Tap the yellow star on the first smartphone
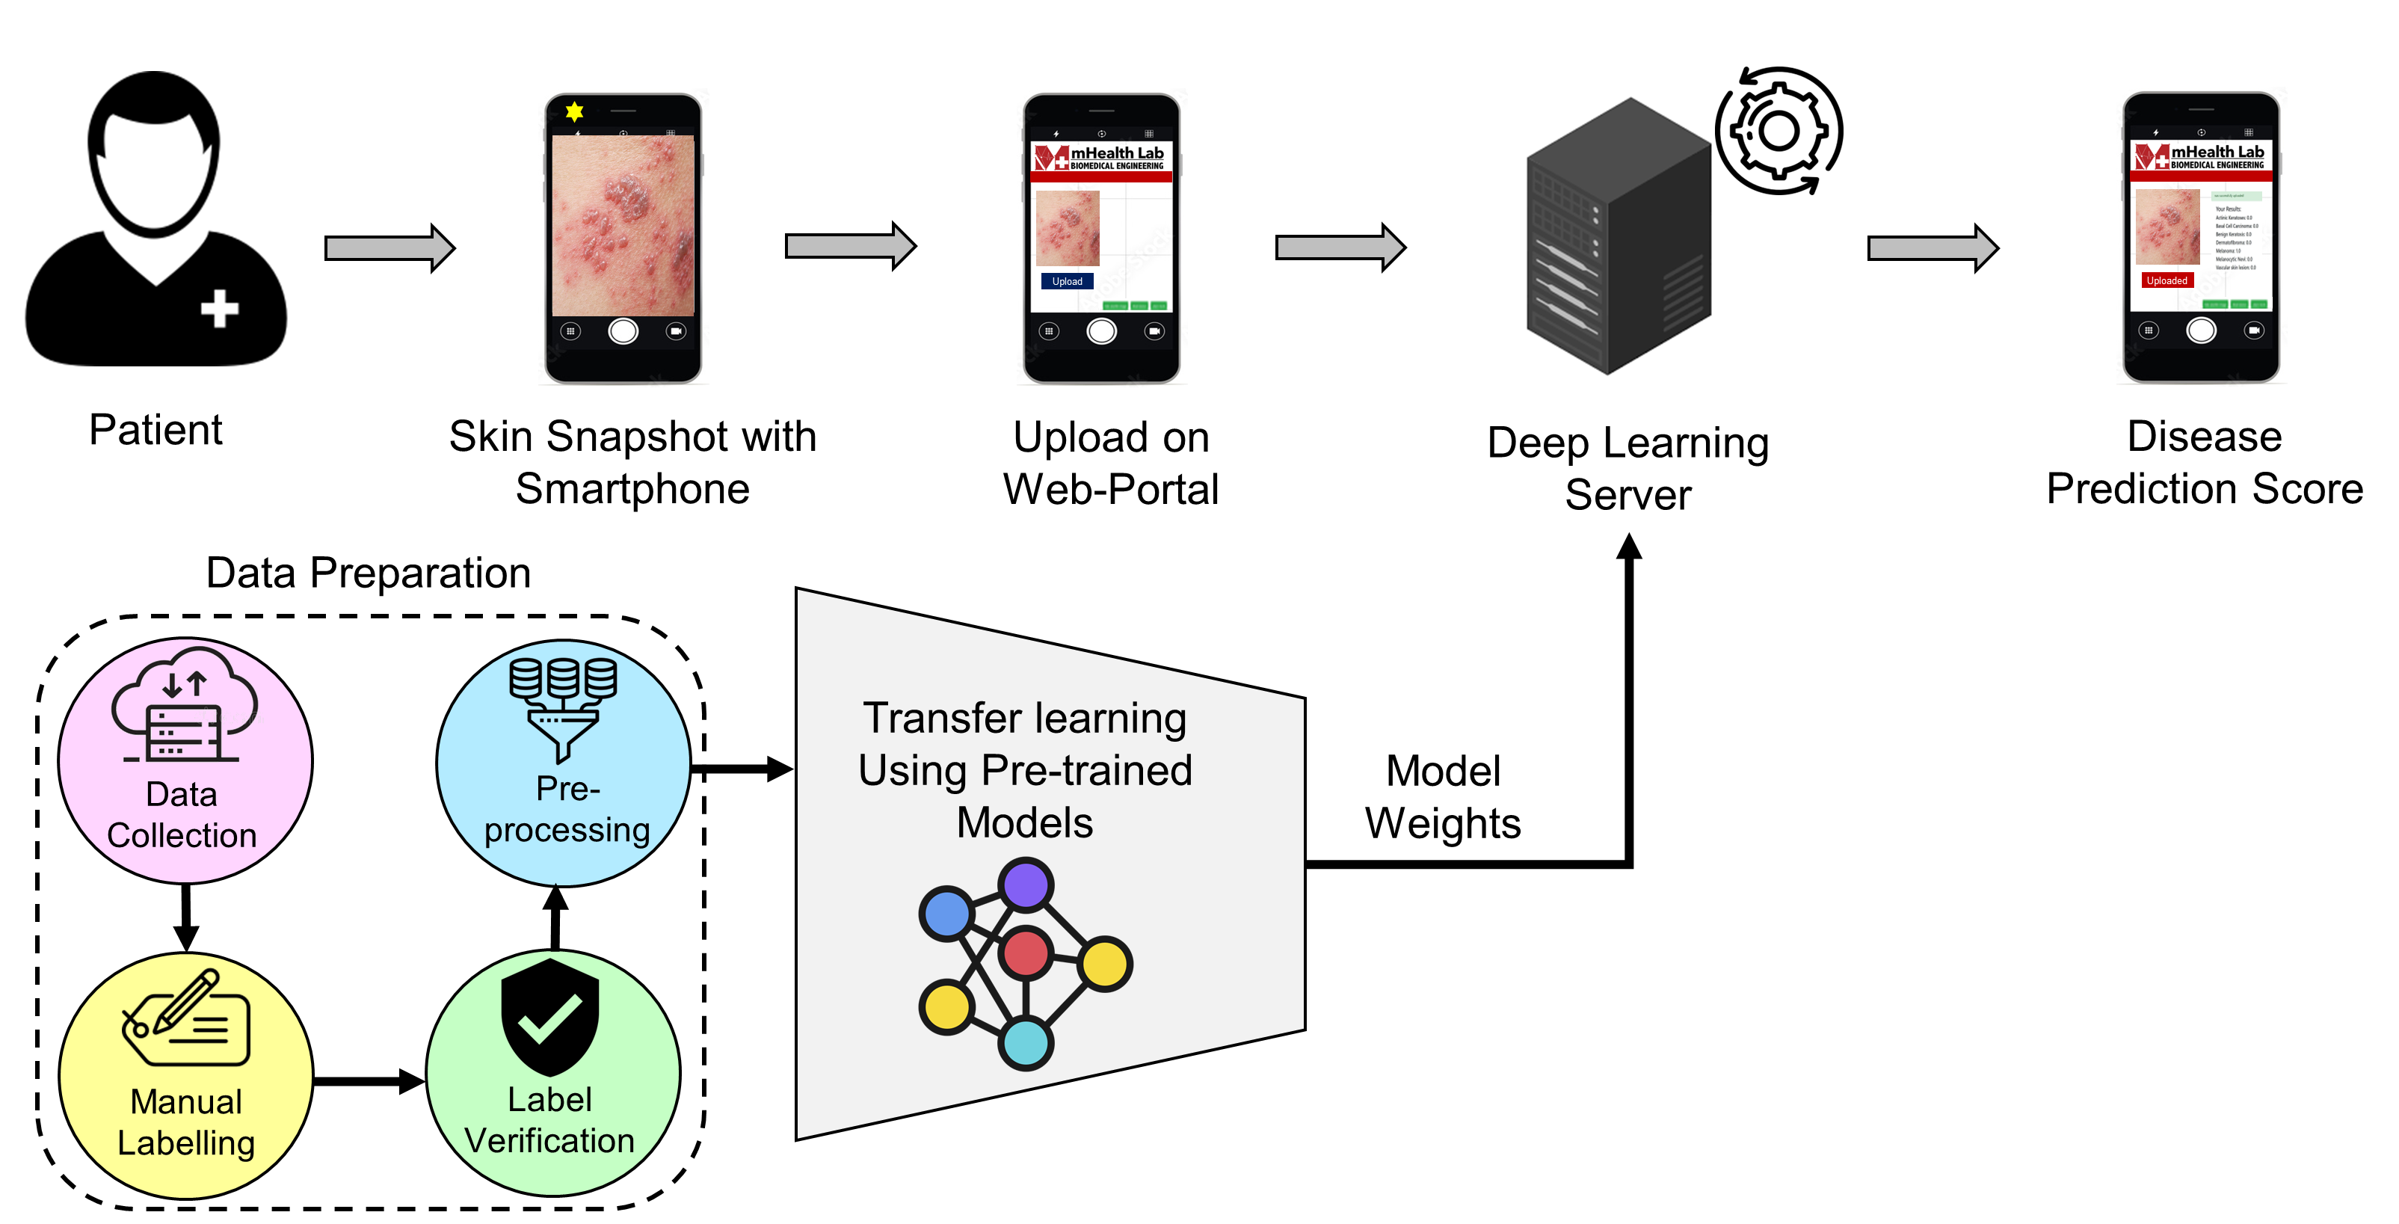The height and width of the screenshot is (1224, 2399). click(575, 111)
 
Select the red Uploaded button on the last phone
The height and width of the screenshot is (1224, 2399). click(2167, 280)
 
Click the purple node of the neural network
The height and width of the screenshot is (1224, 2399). click(1026, 884)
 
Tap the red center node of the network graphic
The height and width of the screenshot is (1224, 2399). click(1026, 953)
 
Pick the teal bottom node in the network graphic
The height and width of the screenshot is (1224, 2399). click(1026, 1042)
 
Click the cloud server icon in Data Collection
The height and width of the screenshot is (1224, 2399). click(185, 708)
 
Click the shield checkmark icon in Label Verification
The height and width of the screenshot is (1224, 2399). click(549, 1017)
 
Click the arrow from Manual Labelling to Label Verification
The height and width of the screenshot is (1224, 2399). click(369, 1081)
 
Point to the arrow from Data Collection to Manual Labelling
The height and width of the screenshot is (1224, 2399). click(186, 917)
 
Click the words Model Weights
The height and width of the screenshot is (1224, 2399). click(1443, 797)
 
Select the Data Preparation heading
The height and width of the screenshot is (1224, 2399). click(368, 573)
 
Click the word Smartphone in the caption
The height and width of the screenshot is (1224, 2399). click(632, 489)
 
